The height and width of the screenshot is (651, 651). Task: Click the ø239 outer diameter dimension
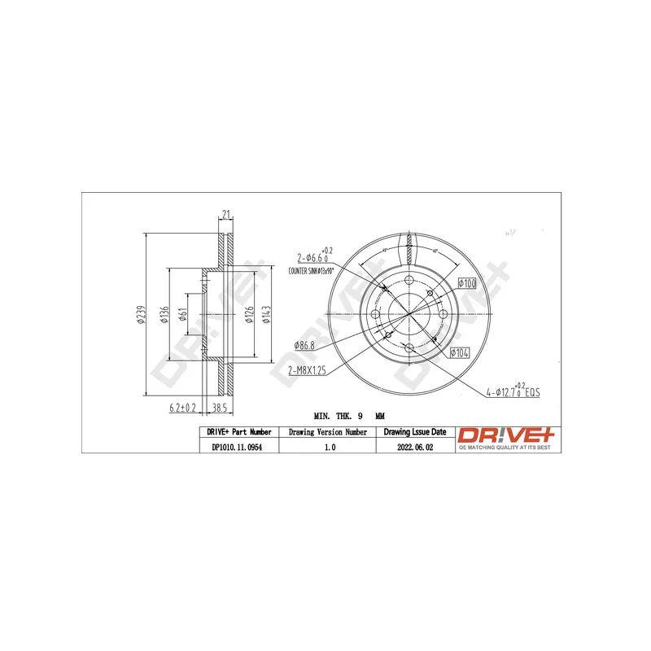pos(141,314)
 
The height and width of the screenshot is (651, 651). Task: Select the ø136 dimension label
pos(164,314)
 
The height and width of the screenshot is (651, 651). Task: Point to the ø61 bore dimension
pos(185,314)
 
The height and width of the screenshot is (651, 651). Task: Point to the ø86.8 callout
pos(307,346)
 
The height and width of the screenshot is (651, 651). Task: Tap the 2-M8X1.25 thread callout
pos(307,369)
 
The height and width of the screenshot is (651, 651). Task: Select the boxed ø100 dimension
pos(466,283)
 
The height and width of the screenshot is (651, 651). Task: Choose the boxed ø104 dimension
pos(460,352)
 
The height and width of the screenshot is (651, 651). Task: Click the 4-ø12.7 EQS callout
pos(513,392)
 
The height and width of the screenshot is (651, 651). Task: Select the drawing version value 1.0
pos(328,446)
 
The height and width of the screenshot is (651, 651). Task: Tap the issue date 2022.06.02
pos(415,446)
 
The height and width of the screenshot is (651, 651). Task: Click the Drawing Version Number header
pos(328,432)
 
